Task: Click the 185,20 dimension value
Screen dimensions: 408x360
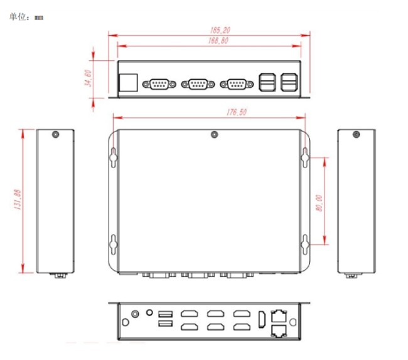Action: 220,30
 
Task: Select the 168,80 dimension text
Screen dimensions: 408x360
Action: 218,41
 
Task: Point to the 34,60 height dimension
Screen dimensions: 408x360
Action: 89,78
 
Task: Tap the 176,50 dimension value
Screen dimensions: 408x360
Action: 237,112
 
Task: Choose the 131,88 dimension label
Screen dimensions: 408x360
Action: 17,199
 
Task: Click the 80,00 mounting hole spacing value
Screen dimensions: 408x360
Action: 319,203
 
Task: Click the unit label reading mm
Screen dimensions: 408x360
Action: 39,18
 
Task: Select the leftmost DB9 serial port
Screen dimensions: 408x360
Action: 159,84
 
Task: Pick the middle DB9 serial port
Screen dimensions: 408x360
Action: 198,84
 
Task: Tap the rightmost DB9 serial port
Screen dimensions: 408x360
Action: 237,84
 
